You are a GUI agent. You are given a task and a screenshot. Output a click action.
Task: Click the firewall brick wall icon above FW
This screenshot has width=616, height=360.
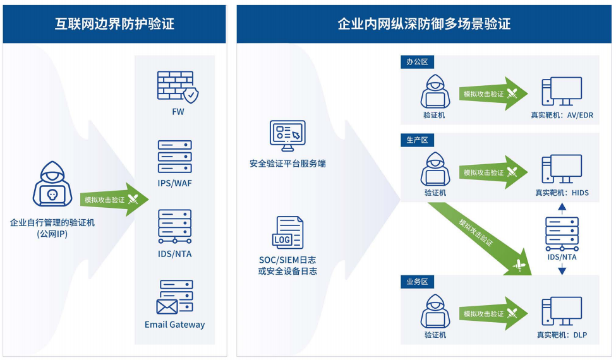coord(178,87)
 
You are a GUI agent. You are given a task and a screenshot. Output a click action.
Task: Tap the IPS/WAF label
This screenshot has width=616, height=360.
coord(175,183)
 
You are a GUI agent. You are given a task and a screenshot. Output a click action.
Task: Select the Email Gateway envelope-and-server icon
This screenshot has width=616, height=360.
coord(175,297)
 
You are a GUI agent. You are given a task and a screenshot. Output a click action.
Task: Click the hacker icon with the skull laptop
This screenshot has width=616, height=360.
coord(52,184)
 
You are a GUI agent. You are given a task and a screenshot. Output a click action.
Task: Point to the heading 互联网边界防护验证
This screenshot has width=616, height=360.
coord(114,24)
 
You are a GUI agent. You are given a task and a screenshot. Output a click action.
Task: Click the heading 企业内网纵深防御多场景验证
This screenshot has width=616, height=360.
coord(424,24)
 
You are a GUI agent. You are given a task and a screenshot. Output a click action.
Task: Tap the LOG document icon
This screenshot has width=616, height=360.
coord(287,232)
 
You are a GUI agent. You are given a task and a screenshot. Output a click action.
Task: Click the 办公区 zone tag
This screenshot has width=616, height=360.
coord(417,62)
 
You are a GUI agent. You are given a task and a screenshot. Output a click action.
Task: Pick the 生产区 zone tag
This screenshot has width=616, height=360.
coord(417,140)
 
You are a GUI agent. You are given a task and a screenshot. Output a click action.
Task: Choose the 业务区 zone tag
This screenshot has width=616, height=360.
coord(417,282)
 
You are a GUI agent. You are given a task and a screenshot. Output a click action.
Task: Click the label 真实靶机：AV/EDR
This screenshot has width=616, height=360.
coord(562,115)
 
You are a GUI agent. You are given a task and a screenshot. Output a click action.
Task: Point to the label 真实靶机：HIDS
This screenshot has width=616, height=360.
coord(562,193)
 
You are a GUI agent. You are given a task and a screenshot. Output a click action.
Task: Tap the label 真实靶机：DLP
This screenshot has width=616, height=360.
coord(562,335)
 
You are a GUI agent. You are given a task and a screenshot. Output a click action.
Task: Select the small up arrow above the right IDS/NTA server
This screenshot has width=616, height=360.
coord(562,208)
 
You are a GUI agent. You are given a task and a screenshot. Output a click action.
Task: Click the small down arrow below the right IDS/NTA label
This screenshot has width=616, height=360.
coord(562,269)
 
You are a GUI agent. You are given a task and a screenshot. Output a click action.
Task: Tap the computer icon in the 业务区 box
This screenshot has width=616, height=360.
coord(562,311)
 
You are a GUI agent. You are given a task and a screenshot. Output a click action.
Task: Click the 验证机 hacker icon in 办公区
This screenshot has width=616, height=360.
coord(435,92)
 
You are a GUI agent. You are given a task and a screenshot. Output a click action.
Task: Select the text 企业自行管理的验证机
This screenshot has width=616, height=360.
coord(52,222)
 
